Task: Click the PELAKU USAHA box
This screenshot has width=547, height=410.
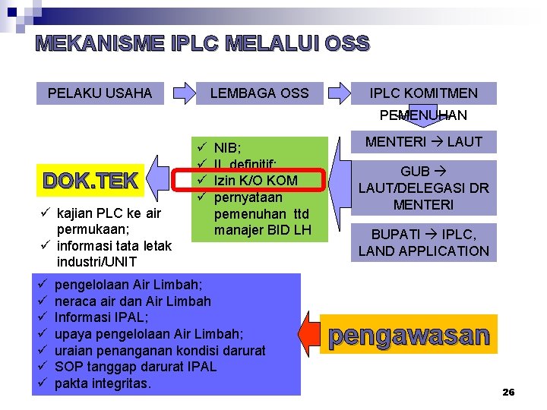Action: (x=100, y=93)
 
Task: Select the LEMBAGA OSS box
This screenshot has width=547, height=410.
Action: (x=259, y=93)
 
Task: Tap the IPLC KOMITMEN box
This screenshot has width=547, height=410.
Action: (x=423, y=93)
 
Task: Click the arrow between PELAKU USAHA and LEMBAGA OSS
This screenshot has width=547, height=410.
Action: (x=185, y=93)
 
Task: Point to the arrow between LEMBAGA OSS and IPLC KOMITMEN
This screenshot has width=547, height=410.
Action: (x=336, y=93)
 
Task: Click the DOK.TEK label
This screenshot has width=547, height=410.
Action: (x=90, y=181)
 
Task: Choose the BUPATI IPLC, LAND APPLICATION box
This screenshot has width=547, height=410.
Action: (x=424, y=243)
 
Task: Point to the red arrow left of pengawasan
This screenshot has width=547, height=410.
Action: (x=311, y=334)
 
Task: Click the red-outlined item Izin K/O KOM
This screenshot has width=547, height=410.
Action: (x=255, y=180)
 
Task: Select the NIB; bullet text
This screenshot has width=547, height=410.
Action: (x=228, y=147)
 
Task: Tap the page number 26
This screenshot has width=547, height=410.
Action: (x=508, y=392)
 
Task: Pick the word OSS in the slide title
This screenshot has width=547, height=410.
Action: (x=346, y=44)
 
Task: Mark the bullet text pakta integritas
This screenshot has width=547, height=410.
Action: (x=103, y=383)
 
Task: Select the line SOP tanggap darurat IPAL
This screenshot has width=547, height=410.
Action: (x=135, y=367)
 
